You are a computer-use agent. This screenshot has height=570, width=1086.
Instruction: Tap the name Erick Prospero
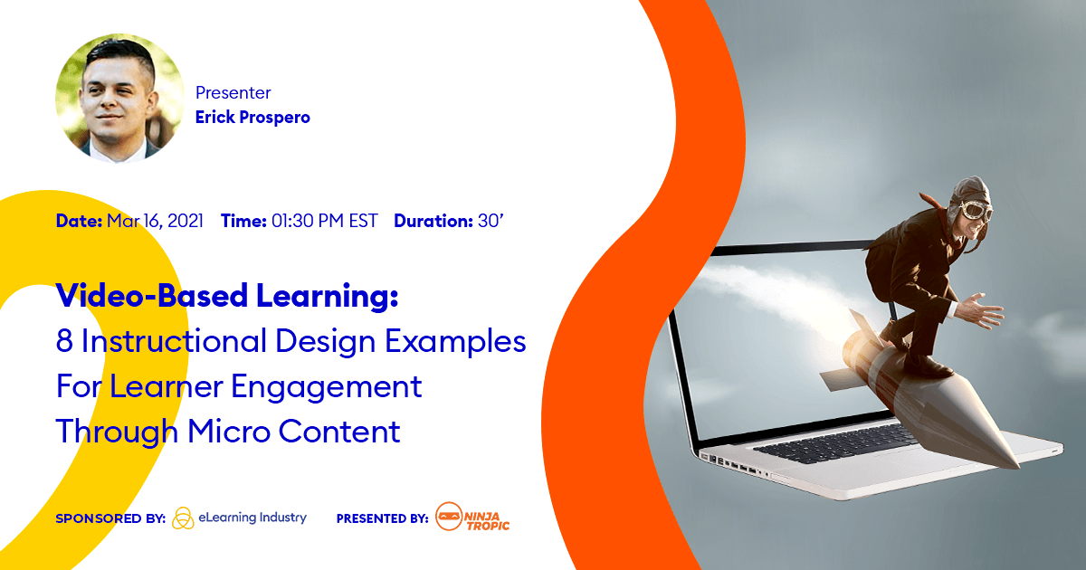point(252,118)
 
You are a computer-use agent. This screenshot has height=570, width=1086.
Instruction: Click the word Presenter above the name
point(233,92)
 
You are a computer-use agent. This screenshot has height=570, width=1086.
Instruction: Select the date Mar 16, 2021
point(155,221)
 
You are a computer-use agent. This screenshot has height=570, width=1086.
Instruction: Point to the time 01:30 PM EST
point(325,221)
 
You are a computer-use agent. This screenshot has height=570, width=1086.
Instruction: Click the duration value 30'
point(490,221)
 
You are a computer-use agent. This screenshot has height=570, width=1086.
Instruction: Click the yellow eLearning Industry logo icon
point(182,518)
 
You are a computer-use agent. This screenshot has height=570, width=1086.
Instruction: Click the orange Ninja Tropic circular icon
point(448,518)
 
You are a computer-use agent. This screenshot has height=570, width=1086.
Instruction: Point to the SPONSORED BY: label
point(110,518)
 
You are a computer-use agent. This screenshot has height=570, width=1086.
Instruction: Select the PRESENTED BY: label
point(382,518)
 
